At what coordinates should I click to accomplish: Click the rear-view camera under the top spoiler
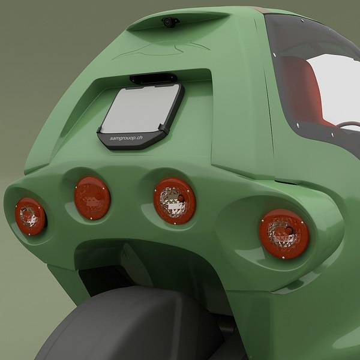tap(170, 22)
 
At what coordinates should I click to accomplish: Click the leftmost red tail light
tap(30, 216)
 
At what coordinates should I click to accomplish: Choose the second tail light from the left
tap(92, 197)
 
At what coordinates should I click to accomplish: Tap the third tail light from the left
tap(174, 200)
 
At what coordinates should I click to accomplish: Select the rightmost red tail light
tap(284, 233)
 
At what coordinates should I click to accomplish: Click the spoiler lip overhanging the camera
tap(180, 16)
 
